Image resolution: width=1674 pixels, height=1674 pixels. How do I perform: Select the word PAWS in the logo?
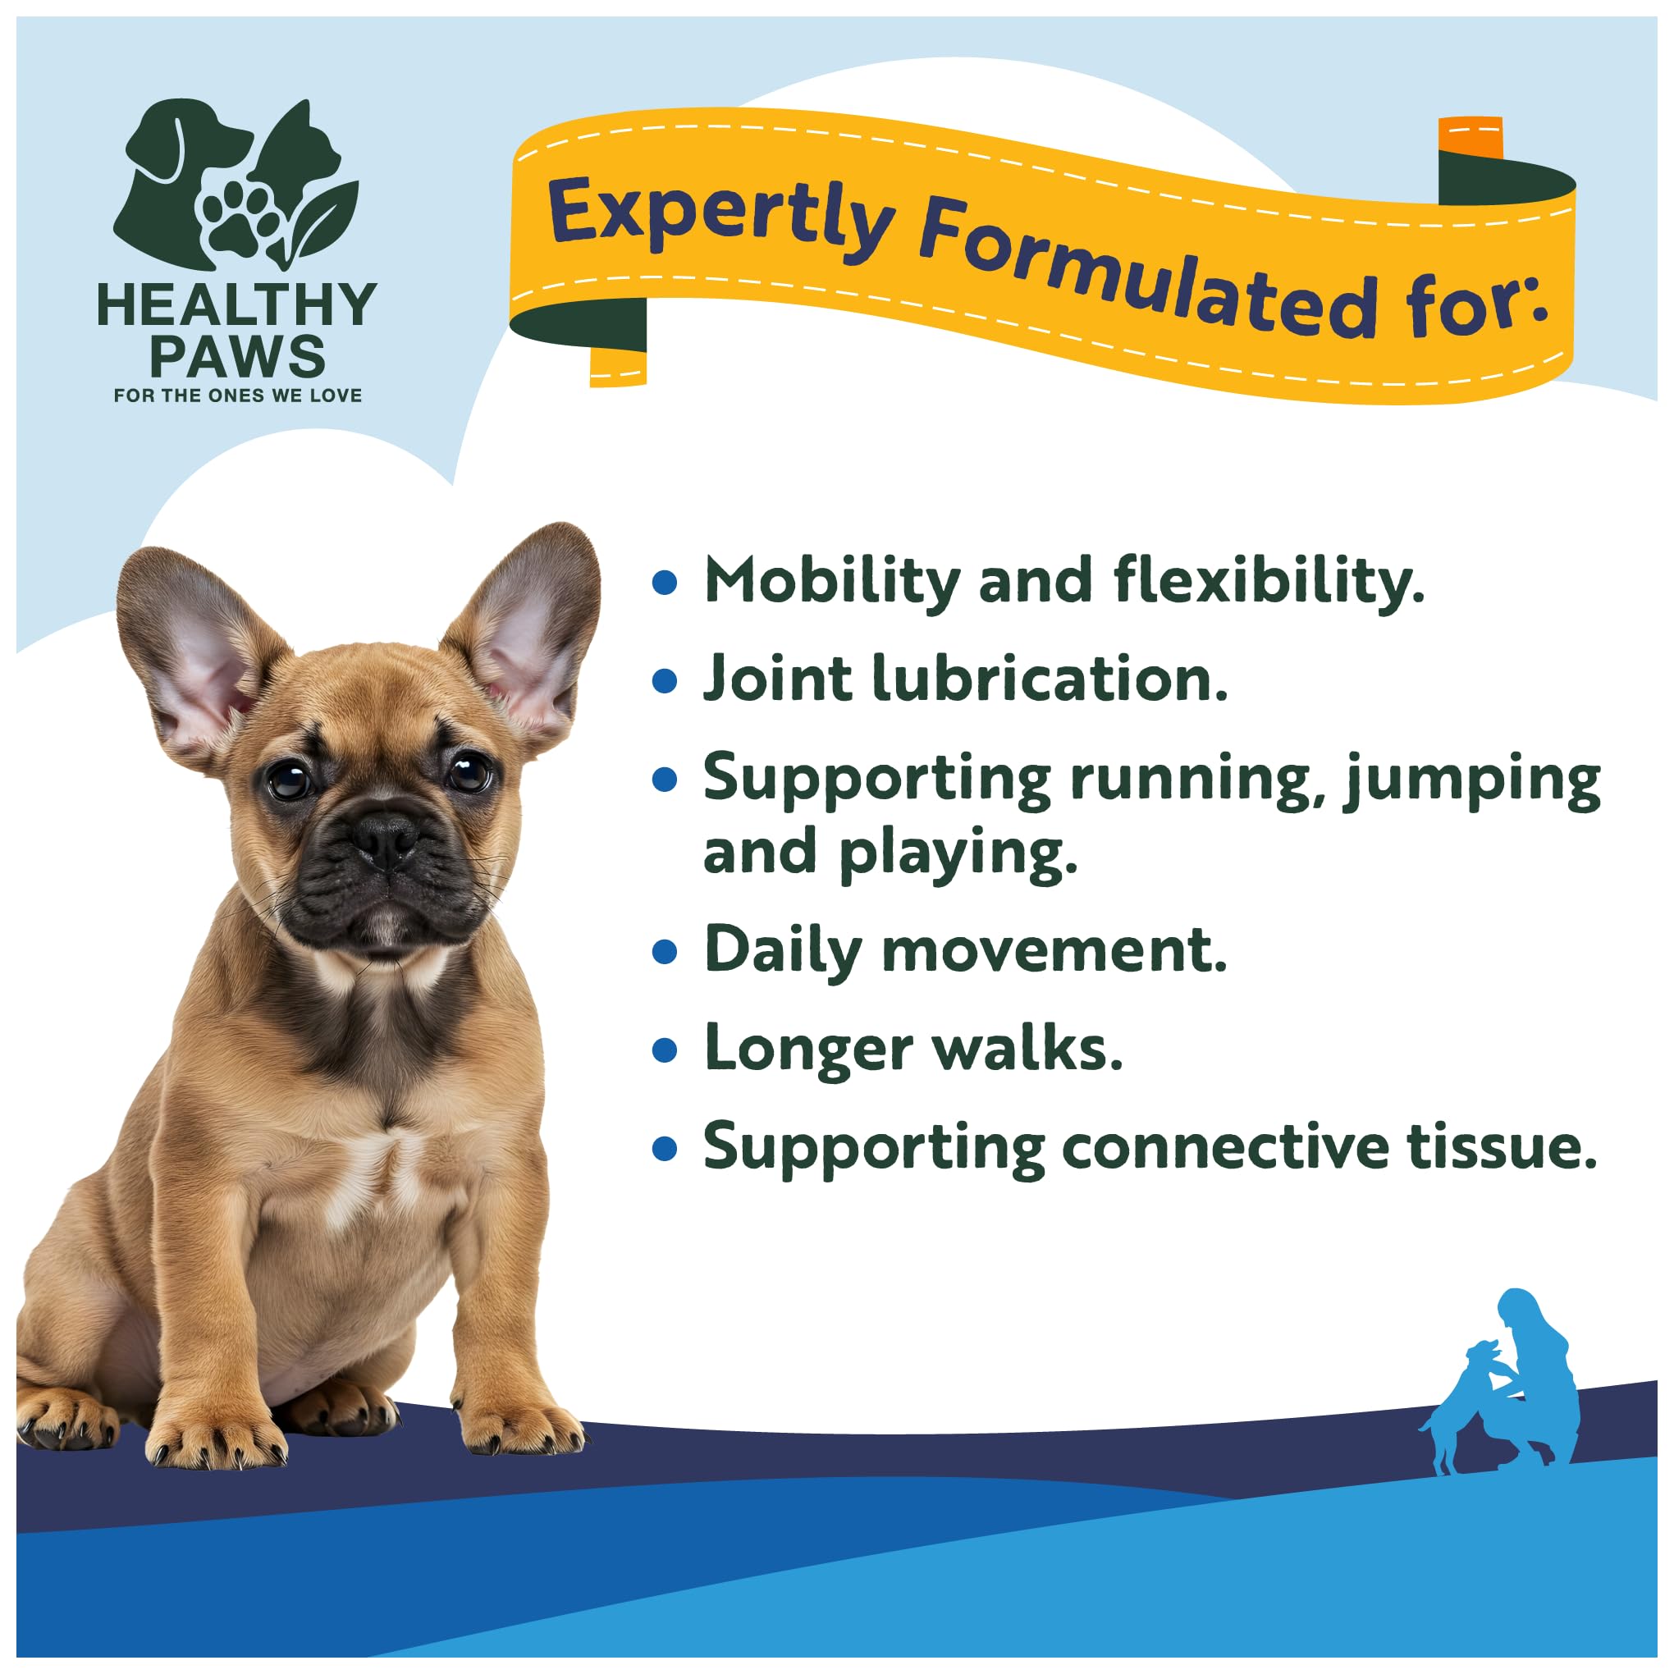[x=237, y=356]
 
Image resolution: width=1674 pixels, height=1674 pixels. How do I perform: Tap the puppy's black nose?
[x=385, y=836]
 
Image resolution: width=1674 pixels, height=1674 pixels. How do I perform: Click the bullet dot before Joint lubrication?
[x=665, y=680]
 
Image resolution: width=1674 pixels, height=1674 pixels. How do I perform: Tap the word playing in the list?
[x=958, y=853]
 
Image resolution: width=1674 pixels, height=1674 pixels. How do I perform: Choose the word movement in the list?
[x=1054, y=950]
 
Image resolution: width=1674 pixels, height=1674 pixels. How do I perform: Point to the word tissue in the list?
[x=1501, y=1147]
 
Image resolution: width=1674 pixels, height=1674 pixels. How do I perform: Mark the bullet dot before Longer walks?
[x=665, y=1050]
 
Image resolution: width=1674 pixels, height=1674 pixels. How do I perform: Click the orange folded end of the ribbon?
[x=1470, y=137]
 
